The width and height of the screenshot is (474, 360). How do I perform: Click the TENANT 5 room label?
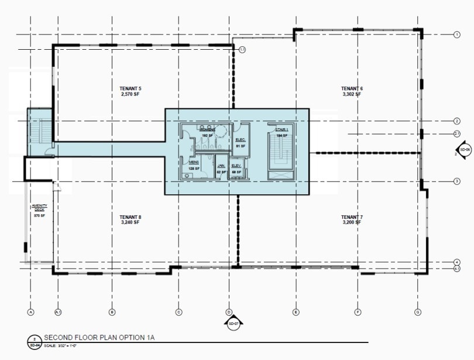click(131, 88)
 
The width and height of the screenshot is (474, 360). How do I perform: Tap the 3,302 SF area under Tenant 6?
click(352, 94)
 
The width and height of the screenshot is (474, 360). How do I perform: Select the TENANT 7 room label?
click(352, 217)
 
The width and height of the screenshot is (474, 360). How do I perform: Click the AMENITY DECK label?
click(39, 207)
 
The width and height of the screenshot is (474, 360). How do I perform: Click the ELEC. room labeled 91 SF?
click(240, 140)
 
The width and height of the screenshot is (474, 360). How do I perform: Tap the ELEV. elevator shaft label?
click(236, 166)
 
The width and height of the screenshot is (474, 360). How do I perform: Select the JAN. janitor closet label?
click(221, 166)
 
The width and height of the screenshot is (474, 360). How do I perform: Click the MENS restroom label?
click(194, 162)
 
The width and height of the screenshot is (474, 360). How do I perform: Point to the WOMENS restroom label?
click(207, 129)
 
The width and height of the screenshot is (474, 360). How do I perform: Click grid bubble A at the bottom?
click(30, 312)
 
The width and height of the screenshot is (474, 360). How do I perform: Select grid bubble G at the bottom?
click(417, 312)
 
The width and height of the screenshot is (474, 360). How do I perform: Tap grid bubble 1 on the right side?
click(456, 35)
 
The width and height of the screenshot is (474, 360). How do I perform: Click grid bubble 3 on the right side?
click(456, 181)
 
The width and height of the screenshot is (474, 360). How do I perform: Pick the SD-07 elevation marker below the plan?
click(232, 323)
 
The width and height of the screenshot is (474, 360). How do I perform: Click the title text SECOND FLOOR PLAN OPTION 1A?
click(98, 338)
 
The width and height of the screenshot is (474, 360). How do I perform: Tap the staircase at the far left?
click(40, 132)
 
